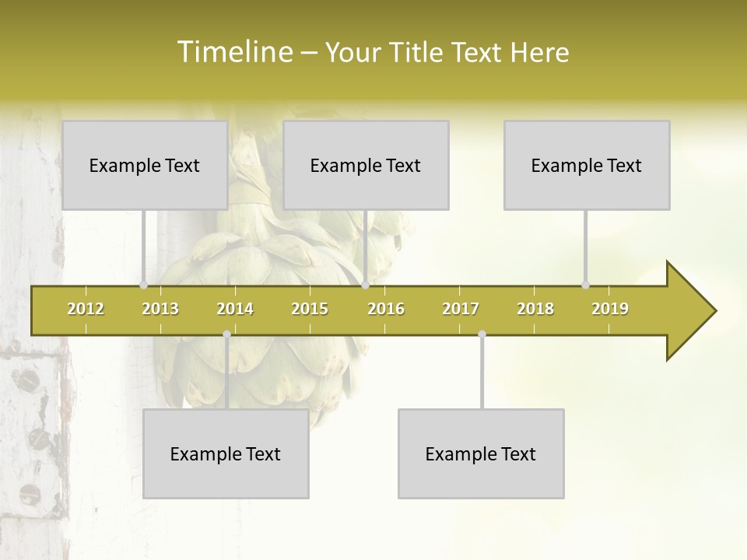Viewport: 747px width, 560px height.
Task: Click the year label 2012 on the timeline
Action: pos(86,310)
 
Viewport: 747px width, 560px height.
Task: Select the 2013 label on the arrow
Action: pos(160,310)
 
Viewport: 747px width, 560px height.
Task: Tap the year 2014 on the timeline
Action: pos(235,310)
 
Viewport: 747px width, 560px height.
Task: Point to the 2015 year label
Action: pos(310,310)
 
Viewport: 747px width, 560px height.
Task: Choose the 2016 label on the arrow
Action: pos(386,310)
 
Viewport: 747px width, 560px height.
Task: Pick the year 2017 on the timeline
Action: pos(461,310)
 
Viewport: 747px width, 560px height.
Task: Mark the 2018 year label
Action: pos(535,310)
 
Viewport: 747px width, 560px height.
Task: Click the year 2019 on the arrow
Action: pos(610,310)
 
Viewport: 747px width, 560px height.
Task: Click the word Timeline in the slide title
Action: pos(233,52)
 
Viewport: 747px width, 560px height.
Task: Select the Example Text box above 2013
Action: pos(145,165)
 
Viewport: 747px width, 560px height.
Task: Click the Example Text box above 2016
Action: pos(366,165)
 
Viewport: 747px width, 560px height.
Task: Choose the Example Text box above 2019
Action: pos(587,165)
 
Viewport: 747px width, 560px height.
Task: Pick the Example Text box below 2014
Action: pos(226,453)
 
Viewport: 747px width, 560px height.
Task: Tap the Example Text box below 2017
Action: pos(481,453)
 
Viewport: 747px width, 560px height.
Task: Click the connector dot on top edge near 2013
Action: pos(144,285)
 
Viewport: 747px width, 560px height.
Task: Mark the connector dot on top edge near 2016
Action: pos(365,285)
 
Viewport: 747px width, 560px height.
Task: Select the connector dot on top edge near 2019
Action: pos(586,285)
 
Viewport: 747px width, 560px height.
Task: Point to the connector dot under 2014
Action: pos(226,334)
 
